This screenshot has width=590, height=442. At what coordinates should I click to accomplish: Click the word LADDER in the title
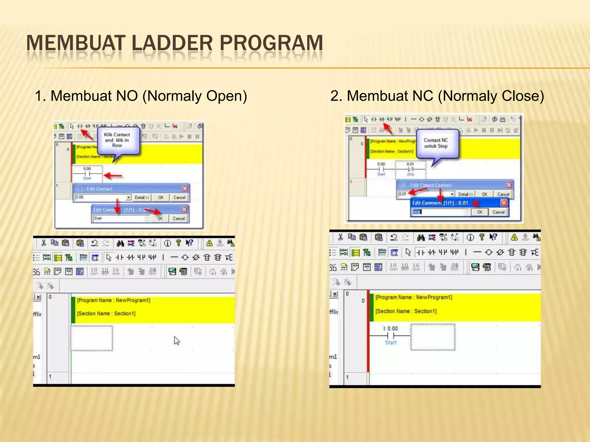coord(172,43)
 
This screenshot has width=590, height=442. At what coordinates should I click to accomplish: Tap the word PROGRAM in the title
coord(271,43)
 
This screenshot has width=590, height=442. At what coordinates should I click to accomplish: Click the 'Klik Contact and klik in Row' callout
coord(117,140)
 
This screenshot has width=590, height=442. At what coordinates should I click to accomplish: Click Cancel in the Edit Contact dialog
coord(179,197)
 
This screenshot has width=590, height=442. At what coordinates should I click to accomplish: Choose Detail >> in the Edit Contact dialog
coord(142,197)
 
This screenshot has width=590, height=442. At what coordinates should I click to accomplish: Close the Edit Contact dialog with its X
coord(185,188)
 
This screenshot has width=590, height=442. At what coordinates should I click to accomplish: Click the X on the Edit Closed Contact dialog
coord(509,185)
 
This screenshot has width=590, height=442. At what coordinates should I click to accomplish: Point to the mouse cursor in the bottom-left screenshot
coord(177,341)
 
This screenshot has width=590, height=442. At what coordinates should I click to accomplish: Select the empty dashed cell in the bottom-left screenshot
coord(92,338)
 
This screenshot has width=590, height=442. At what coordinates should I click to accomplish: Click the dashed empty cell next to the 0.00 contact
coord(433,337)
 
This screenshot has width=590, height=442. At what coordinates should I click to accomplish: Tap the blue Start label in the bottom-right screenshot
coord(391,342)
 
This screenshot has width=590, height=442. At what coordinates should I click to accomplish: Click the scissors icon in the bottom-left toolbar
coord(44,243)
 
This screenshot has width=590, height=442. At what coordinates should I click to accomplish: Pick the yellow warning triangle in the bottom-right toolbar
coord(514,237)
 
